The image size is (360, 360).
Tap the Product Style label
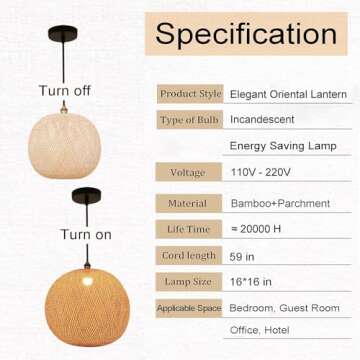pos(190,94)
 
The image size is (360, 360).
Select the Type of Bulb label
pos(190,120)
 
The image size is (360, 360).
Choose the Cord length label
pos(189,256)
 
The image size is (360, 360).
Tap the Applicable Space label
pos(189,308)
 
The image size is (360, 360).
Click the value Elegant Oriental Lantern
pos(288,94)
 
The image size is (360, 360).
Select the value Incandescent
pos(262,120)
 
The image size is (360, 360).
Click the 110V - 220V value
pos(263,172)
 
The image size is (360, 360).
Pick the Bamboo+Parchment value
pos(279,203)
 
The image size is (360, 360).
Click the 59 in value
pos(243,256)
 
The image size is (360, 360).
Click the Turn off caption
pos(65,91)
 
